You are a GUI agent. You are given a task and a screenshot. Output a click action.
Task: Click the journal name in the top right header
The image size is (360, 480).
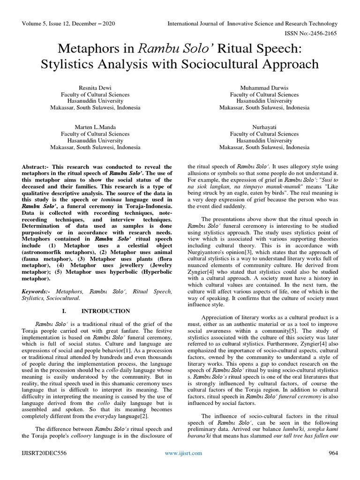[253, 23]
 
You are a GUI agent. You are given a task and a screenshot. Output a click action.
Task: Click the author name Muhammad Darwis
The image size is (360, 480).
[264, 88]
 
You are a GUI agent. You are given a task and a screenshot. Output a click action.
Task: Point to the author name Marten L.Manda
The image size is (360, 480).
[95, 127]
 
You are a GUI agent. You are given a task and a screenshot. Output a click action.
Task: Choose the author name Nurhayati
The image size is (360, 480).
[264, 127]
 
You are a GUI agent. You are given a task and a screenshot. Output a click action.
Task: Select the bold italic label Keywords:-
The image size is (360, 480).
[38, 291]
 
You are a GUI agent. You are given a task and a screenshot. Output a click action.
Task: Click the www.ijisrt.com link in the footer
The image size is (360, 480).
[183, 453]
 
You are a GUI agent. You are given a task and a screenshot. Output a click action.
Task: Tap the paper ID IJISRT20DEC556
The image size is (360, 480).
[44, 453]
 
